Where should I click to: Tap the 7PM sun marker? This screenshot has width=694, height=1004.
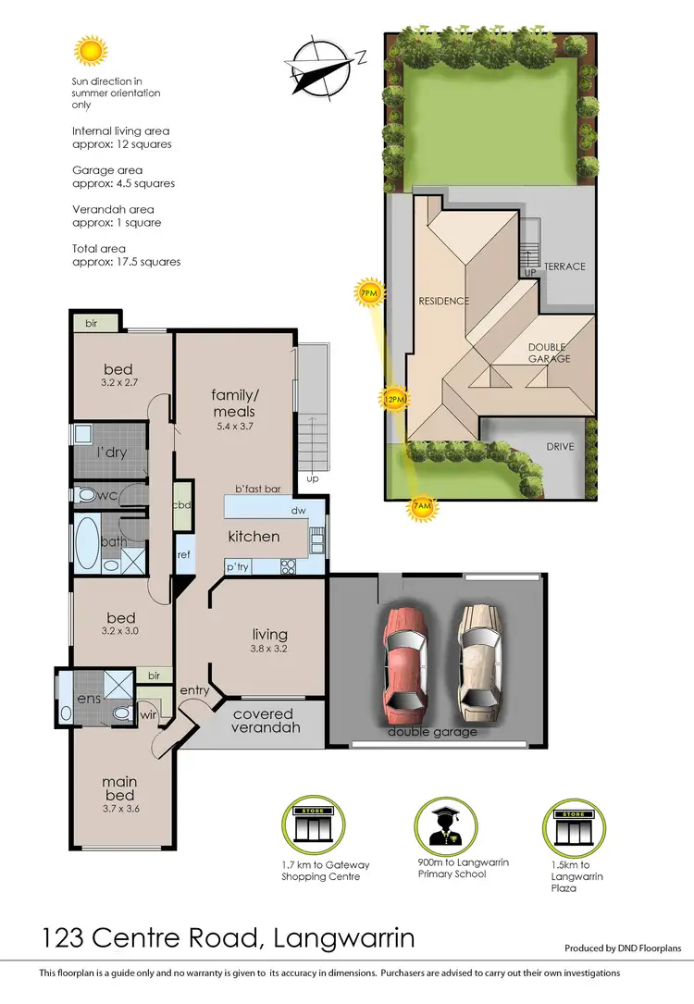(368, 294)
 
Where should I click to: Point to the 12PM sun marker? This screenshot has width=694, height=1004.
(393, 400)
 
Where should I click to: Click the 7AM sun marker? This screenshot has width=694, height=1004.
(421, 507)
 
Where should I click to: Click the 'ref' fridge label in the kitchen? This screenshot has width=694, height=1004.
(184, 554)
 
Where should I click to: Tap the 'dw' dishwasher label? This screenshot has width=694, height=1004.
(298, 510)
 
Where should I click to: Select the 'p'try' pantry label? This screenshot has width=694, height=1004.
(238, 565)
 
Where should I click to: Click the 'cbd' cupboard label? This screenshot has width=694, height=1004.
(183, 505)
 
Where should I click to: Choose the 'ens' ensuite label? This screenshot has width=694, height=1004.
(89, 699)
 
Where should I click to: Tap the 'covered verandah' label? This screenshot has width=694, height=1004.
(263, 721)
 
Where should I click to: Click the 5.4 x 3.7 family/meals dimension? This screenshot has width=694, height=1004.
(233, 427)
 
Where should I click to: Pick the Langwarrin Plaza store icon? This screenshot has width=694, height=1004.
(566, 825)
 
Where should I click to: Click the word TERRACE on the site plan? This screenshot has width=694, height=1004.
(564, 266)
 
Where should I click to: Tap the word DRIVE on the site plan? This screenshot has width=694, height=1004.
(560, 446)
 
